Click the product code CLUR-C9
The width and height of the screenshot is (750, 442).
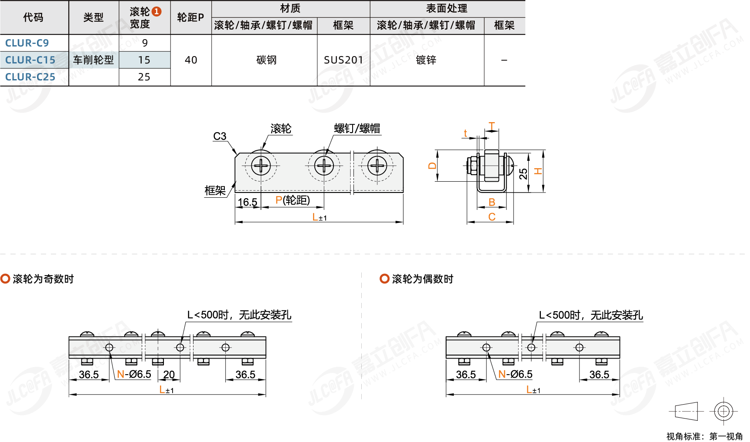click(27, 43)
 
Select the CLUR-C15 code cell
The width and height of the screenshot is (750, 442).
click(30, 60)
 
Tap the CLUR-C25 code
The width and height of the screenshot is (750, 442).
click(30, 77)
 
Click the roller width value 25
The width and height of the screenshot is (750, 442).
click(144, 77)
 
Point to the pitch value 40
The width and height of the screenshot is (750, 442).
click(191, 60)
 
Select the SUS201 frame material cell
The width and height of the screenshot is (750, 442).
click(343, 60)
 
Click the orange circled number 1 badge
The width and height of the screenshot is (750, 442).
click(157, 12)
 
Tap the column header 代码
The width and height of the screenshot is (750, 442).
click(33, 17)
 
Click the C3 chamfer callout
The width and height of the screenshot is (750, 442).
click(220, 136)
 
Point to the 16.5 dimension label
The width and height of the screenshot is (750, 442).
click(247, 202)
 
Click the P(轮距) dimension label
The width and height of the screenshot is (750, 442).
click(293, 200)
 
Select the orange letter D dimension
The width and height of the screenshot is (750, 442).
click(432, 166)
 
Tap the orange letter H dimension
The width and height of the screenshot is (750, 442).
click(538, 171)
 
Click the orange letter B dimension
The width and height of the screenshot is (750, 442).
click(492, 202)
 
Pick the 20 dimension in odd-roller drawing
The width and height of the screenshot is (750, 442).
click(169, 374)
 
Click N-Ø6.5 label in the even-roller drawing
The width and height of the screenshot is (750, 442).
click(515, 374)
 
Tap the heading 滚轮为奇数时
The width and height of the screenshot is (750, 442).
click(43, 279)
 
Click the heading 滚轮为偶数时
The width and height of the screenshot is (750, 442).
click(422, 279)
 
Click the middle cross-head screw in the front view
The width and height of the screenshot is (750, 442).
click(323, 166)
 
